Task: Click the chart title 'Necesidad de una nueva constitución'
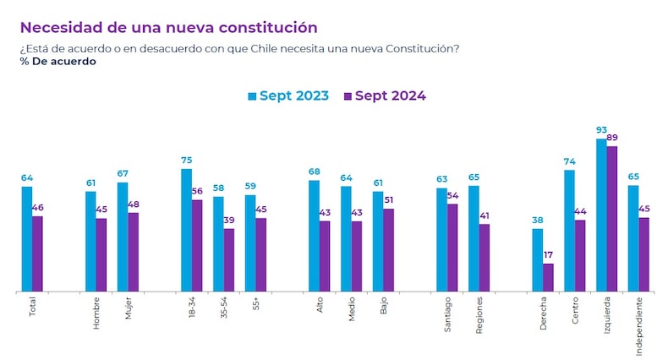coord(169,28)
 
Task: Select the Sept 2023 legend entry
coord(288,95)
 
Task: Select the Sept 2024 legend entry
coord(385,95)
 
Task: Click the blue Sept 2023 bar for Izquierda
coord(601,215)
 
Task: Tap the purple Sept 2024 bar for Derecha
coord(548,277)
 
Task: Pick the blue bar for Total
coord(27,239)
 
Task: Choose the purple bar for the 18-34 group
coord(197,246)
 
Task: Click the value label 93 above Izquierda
coord(601,130)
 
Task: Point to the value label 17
coord(549,254)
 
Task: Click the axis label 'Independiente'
coord(639,325)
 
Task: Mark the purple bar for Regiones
coord(484,258)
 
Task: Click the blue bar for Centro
coord(569,231)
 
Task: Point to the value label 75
coord(186,160)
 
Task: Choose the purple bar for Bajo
coord(388,250)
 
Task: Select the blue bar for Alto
coord(314,236)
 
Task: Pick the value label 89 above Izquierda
coord(613,138)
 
